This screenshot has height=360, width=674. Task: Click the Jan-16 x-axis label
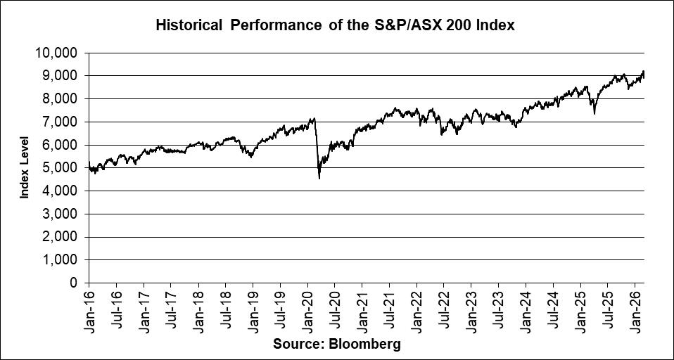click(89, 310)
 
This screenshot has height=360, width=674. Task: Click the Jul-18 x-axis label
click(226, 310)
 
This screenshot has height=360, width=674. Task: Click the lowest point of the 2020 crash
click(319, 179)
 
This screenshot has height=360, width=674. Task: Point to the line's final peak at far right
click(643, 71)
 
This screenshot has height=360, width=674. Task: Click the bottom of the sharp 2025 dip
click(594, 113)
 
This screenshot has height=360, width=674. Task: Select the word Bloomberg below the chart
click(366, 344)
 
